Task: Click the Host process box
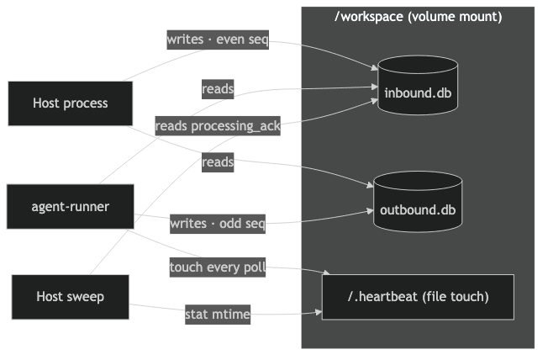coord(71,103)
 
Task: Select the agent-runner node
coord(71,206)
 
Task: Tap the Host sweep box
coord(71,296)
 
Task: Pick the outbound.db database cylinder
coord(418,205)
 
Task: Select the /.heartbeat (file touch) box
coord(418,297)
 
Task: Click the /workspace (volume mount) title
coord(418,16)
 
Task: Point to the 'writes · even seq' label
coord(218,40)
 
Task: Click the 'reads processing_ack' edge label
coord(218,126)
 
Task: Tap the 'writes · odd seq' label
coord(218,224)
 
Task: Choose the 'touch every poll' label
coord(218,268)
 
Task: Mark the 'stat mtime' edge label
coord(218,315)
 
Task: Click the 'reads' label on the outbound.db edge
coord(218,162)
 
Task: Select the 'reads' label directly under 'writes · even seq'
coord(218,88)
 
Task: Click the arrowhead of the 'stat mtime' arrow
coord(319,313)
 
